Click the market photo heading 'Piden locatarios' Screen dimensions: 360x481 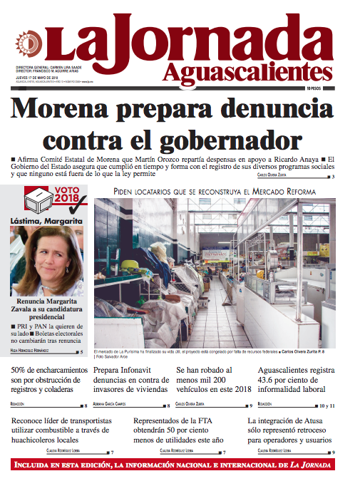222,192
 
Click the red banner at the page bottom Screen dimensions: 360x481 180,465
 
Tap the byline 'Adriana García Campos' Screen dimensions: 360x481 113,405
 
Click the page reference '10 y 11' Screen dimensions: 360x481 326,405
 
